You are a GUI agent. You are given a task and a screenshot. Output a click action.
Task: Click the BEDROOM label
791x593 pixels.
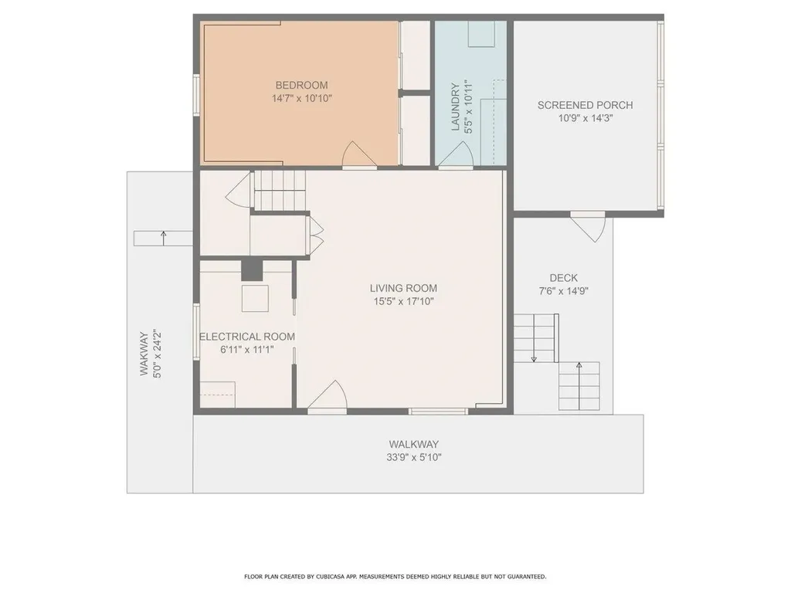click(x=301, y=85)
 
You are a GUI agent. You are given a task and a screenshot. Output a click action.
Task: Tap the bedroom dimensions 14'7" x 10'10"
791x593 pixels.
click(x=301, y=99)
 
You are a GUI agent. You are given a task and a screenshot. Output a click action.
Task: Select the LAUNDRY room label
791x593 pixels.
click(x=456, y=107)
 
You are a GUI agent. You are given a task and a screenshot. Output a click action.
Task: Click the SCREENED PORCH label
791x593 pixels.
click(x=585, y=105)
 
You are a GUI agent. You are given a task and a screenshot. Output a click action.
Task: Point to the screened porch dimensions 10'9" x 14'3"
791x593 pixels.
click(x=585, y=118)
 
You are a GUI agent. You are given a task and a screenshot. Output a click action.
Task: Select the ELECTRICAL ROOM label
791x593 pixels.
click(x=246, y=337)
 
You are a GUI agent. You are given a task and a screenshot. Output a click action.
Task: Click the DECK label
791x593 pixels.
click(x=563, y=278)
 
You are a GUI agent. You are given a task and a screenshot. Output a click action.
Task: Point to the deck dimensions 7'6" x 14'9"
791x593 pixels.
click(x=563, y=292)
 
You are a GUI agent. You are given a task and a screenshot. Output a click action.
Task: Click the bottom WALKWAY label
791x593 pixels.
click(x=413, y=444)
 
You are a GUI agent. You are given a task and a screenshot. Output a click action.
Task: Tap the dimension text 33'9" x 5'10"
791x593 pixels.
click(x=413, y=457)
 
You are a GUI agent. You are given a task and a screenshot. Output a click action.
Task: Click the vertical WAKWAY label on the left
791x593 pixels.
click(x=144, y=354)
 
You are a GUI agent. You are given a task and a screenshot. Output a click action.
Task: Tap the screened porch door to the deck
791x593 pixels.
click(x=589, y=226)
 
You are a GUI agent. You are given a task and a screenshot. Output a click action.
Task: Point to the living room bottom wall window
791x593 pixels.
click(x=438, y=411)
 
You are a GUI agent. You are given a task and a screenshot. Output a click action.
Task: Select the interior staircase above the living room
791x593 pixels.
click(x=280, y=190)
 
